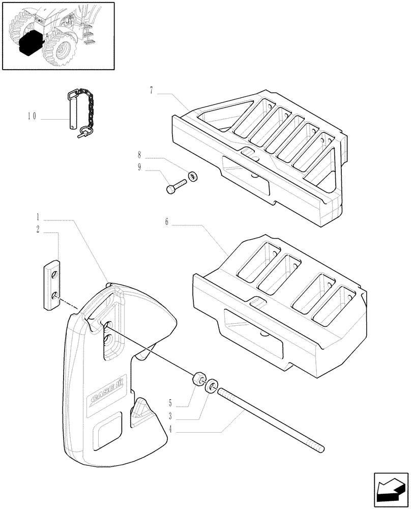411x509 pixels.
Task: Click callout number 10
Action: (32, 116)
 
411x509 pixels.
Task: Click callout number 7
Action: (152, 91)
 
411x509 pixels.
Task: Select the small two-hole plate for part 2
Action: (52, 285)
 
